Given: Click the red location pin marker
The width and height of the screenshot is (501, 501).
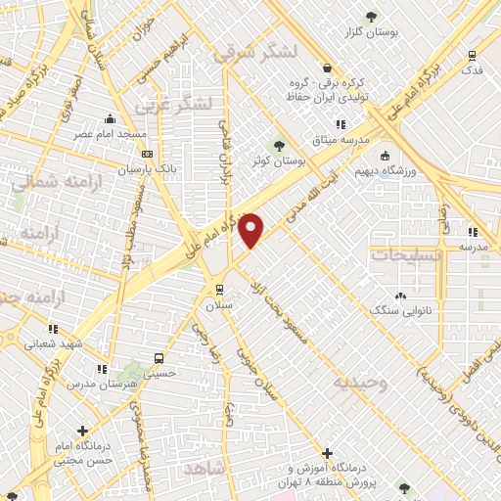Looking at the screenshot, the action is coord(252,229).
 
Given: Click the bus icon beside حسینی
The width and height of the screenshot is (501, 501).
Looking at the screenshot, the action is coord(159,358).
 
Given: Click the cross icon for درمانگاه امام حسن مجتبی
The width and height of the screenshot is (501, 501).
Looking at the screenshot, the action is coord(83,430).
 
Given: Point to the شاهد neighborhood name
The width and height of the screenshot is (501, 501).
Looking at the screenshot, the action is coord(205,470).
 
